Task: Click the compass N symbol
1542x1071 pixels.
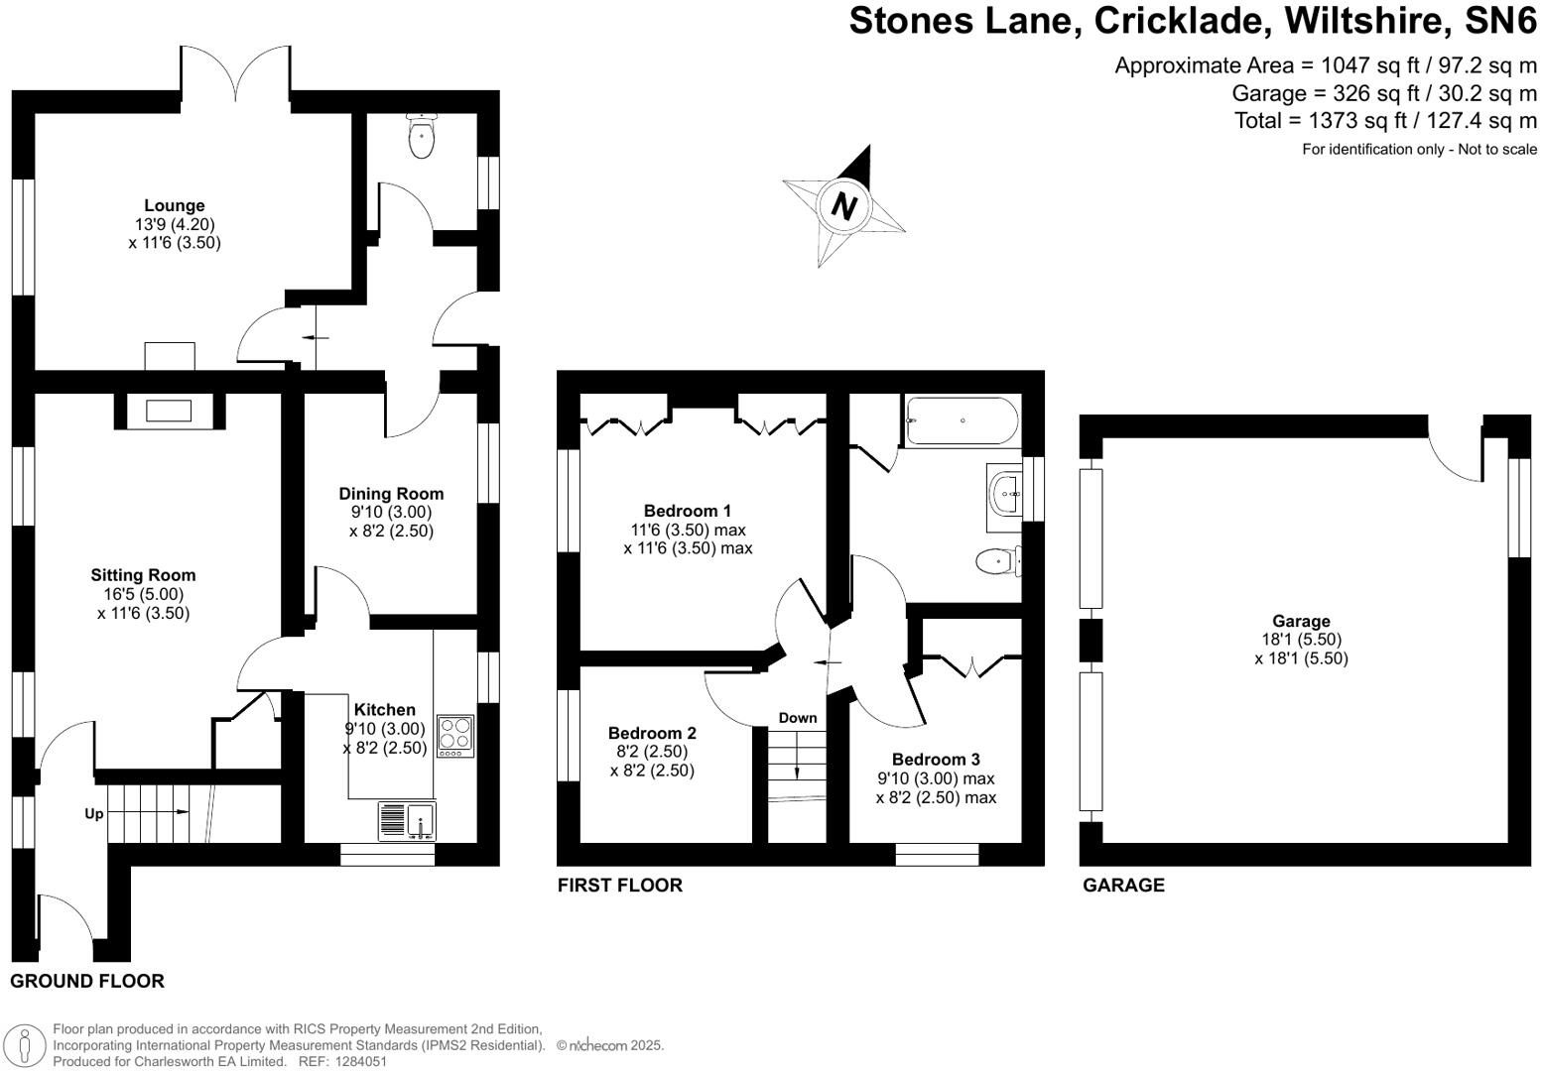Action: coord(843,206)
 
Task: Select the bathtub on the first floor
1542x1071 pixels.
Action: coord(961,420)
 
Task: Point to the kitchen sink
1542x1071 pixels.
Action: coord(408,820)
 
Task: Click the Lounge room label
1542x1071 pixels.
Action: coord(175,206)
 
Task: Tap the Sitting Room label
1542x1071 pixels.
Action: coord(143,575)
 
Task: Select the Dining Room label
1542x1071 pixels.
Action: coord(391,494)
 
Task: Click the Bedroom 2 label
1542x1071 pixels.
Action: coord(652,734)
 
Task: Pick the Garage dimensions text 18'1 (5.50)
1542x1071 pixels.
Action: coord(1300,640)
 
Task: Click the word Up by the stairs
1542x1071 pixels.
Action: coord(93,814)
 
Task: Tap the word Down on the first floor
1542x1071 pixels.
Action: coord(798,718)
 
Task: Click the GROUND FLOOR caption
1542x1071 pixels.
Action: coord(87,982)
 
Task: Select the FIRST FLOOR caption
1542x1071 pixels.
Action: coord(620,886)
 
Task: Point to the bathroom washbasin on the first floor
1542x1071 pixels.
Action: coord(1004,492)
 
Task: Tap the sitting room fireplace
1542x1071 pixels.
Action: coord(169,411)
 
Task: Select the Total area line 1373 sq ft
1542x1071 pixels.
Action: coord(1385,121)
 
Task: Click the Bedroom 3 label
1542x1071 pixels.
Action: coord(936,760)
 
